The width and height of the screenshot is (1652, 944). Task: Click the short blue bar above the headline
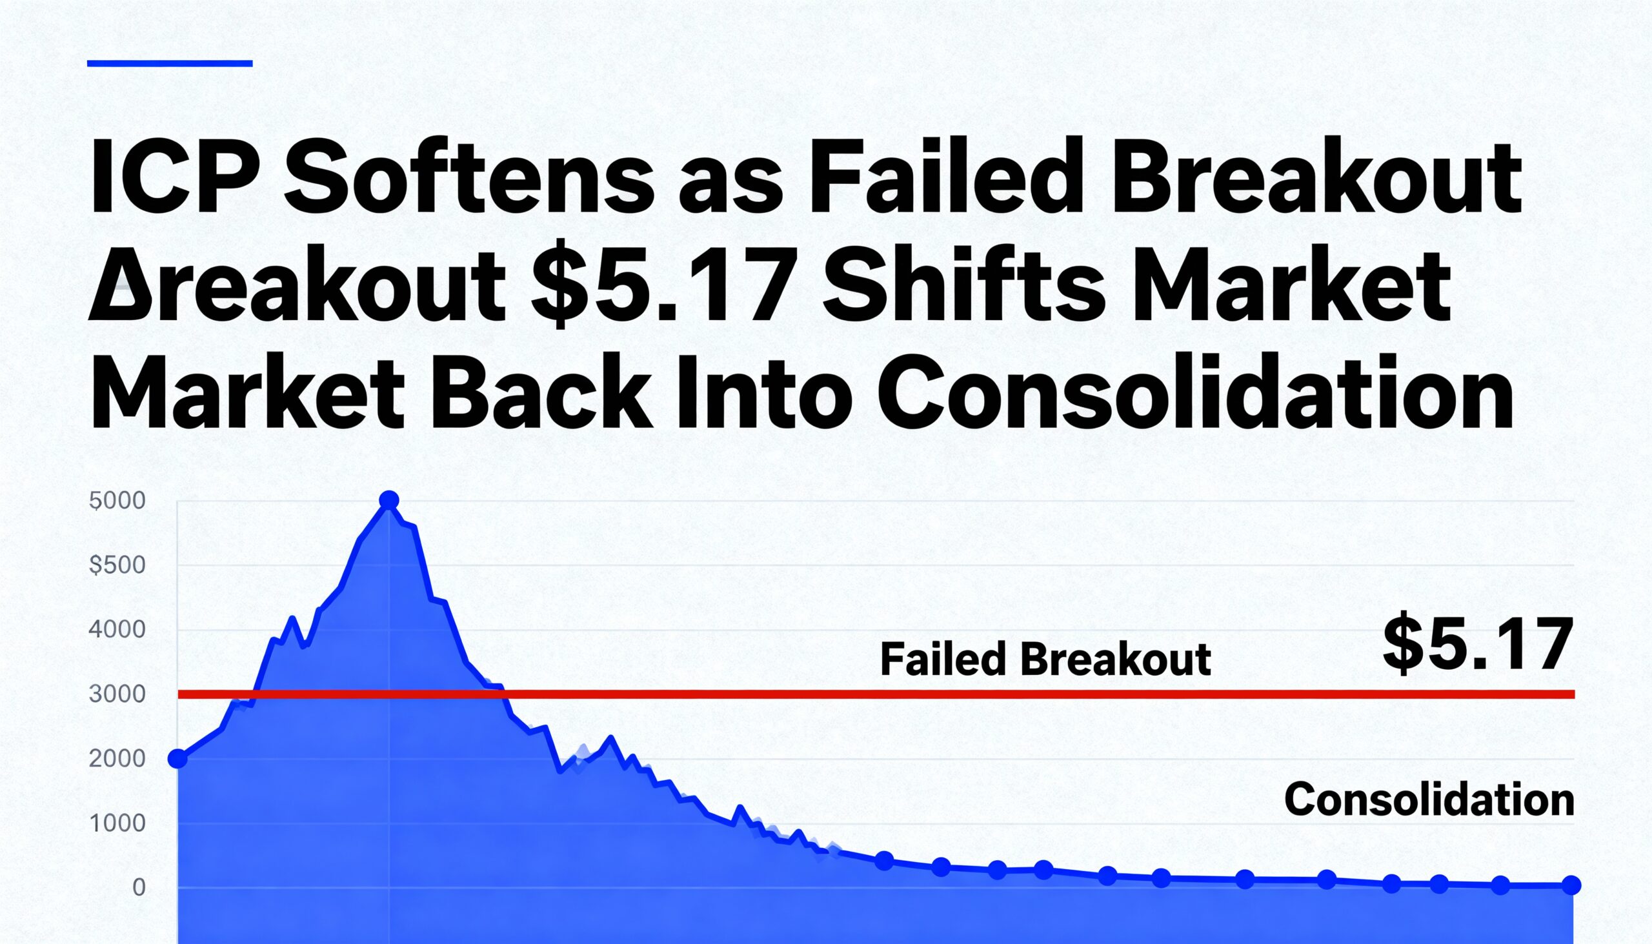(169, 63)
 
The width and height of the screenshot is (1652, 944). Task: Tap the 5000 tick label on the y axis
(117, 501)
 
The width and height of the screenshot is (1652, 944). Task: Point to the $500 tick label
(117, 565)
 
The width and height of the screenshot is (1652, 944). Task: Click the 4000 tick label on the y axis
(117, 630)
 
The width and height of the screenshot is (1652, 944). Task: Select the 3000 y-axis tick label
(117, 694)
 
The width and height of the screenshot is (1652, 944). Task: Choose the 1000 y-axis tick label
(117, 823)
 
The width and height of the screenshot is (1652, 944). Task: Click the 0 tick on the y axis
(139, 888)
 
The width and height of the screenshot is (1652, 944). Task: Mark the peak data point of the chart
(389, 500)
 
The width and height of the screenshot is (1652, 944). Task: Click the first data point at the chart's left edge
(177, 759)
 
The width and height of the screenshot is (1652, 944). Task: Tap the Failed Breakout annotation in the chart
(1045, 659)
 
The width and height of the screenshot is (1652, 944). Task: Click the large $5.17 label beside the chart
(1478, 644)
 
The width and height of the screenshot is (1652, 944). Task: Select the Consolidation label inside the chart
(1429, 799)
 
